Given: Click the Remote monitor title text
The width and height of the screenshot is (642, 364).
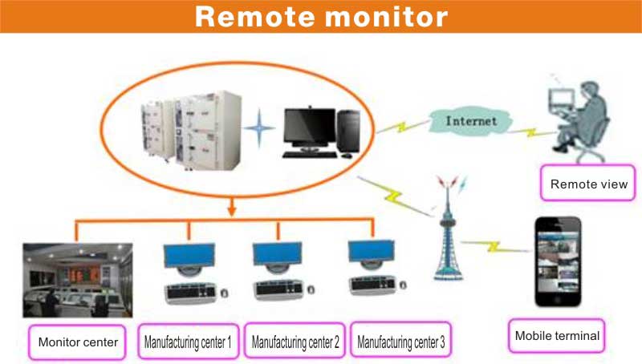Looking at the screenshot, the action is pos(322,16).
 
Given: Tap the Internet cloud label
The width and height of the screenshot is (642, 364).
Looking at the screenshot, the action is pos(471,121).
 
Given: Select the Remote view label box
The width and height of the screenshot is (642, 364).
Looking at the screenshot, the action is pos(588,183).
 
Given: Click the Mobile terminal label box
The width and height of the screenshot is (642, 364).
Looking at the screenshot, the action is pos(556,336).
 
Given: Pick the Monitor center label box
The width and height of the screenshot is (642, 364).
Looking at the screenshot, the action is pos(77,342).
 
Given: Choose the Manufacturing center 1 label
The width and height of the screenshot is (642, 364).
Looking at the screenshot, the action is pos(188,342).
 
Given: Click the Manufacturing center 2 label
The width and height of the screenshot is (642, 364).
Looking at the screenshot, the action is pos(295,341).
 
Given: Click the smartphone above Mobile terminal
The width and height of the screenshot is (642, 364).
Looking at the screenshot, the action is pos(558,261).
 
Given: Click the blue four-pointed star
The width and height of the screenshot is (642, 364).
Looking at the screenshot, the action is pos(258,128).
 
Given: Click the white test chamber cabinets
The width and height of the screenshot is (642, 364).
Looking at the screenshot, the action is pos(191,131).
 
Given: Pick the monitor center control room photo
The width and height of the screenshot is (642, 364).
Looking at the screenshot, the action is pos(78,280).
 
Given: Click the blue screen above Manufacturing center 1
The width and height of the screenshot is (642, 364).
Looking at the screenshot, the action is pos(189,255).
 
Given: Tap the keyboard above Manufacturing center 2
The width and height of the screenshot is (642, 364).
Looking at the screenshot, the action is pos(278,289).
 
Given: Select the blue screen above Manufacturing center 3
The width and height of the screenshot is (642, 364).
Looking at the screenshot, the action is pos(372,250).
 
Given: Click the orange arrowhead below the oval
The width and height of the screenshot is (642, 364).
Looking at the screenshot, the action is pos(232,211).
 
